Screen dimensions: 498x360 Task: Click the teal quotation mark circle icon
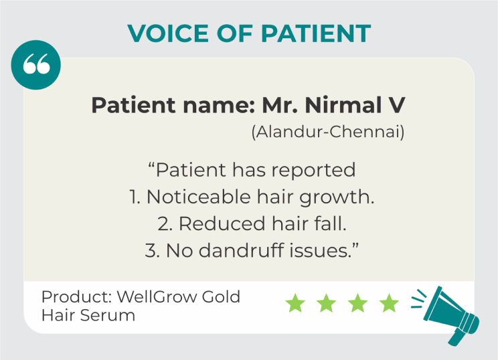pos(36,65)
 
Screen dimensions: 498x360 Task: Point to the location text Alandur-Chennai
pos(328,131)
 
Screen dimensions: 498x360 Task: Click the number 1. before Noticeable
pos(136,197)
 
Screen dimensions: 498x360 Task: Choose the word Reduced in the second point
pos(222,223)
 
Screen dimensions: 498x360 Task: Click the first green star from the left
pos(295,303)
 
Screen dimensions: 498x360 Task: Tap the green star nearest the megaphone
pos(389,303)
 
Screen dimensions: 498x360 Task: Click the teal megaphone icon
pos(448,314)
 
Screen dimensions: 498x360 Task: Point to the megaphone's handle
pos(456,337)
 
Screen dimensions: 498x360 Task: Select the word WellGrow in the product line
pos(156,297)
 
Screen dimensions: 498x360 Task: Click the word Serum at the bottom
pos(107,315)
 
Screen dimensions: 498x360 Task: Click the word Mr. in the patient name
pos(280,105)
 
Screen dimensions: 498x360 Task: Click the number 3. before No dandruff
pos(153,250)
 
